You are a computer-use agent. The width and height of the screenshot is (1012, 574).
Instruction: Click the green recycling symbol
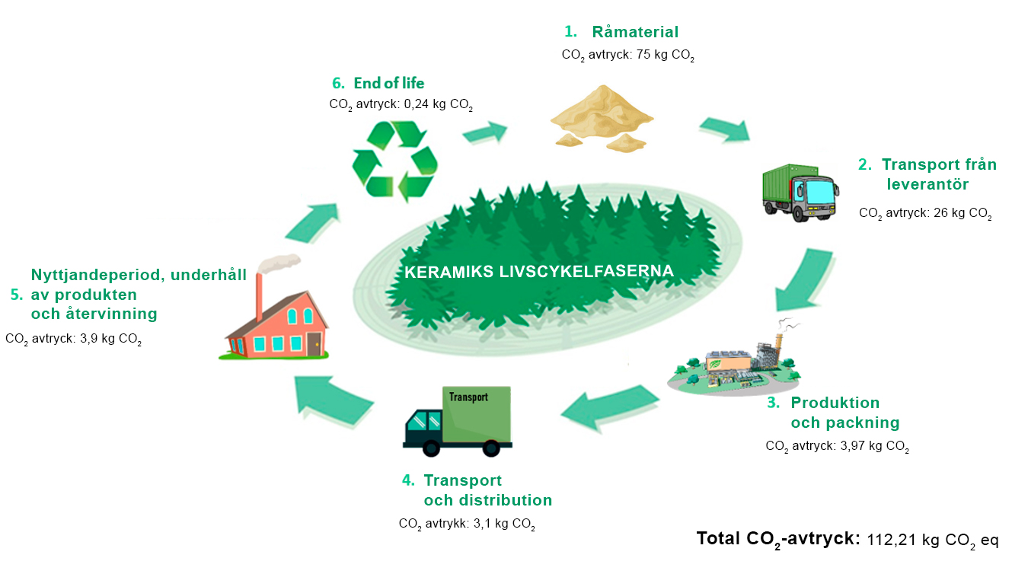click(395, 161)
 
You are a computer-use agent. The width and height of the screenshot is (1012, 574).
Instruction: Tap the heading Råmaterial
click(635, 32)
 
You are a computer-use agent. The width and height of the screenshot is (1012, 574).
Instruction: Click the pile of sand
click(602, 118)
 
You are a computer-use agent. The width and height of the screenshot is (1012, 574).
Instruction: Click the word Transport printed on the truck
click(468, 397)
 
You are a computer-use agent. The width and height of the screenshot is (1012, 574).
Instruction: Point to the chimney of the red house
click(259, 296)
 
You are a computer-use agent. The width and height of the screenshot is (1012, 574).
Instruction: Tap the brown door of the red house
click(314, 344)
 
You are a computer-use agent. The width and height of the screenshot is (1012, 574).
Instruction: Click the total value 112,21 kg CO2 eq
click(933, 541)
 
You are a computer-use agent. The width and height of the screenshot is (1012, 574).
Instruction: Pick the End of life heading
click(388, 83)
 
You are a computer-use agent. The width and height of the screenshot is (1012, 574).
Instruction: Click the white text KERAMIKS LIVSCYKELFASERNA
click(539, 272)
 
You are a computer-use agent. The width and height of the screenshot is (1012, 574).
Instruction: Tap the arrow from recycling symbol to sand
click(485, 132)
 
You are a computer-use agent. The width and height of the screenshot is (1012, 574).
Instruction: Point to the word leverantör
click(927, 184)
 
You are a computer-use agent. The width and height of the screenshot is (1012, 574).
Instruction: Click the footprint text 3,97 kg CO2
click(874, 447)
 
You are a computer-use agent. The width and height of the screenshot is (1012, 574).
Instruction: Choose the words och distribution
click(488, 500)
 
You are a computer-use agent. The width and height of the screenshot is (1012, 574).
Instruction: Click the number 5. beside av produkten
click(17, 295)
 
